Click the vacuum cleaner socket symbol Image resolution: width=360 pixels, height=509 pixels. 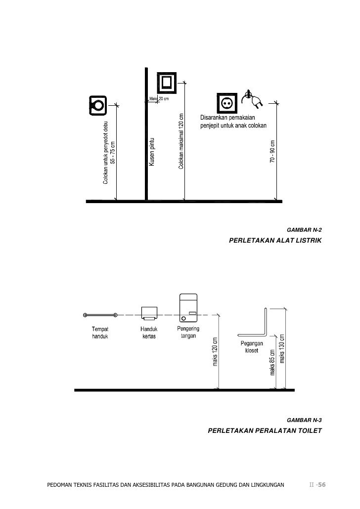coord(96,104)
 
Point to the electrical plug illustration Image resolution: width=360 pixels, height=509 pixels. coord(253,99)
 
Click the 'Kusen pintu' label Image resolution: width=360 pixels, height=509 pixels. coord(152,152)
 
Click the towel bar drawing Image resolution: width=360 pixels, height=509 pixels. coord(100,314)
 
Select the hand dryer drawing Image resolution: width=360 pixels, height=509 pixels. coord(188,306)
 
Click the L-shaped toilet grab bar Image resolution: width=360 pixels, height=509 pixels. coord(256,324)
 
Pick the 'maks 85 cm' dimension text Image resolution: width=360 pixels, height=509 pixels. coord(272,361)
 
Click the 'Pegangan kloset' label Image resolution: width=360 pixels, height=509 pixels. coord(252,346)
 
